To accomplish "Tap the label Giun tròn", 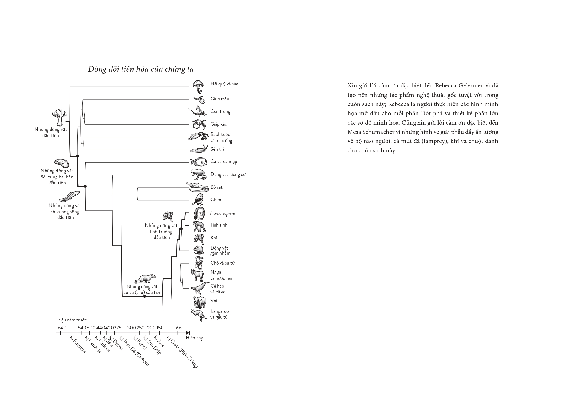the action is tap(220, 99).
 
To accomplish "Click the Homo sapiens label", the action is tap(223, 213).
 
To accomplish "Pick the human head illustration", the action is tap(200, 214).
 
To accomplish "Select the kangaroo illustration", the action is tap(199, 315).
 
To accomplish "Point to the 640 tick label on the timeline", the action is tap(62, 328).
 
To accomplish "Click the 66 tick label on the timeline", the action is tap(179, 328).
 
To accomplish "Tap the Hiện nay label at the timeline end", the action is tap(194, 338).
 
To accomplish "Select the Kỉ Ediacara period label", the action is tap(78, 344).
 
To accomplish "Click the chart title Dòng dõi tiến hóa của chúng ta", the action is tap(141, 69).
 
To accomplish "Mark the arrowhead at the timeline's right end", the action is tap(188, 333).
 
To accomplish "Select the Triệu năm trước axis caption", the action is tap(71, 320).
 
